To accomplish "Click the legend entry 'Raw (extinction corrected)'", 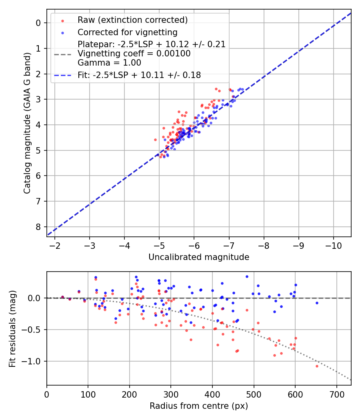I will [x=132, y=20].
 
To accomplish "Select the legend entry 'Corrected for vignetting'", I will [x=127, y=32].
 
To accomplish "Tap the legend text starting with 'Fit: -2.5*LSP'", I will [x=139, y=75].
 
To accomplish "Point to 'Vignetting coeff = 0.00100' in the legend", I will [x=134, y=54].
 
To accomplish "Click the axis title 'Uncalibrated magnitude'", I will [x=199, y=257].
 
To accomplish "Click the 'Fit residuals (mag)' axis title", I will [x=12, y=328].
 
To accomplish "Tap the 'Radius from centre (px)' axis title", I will [x=199, y=406].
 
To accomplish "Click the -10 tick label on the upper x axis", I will [x=334, y=246].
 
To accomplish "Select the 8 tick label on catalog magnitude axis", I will [x=38, y=227].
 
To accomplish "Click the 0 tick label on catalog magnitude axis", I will [x=38, y=23].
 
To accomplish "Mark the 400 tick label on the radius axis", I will [x=212, y=394].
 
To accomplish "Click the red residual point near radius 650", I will [x=317, y=366].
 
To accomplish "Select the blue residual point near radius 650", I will [x=317, y=303].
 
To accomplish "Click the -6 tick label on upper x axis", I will [x=194, y=246].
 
